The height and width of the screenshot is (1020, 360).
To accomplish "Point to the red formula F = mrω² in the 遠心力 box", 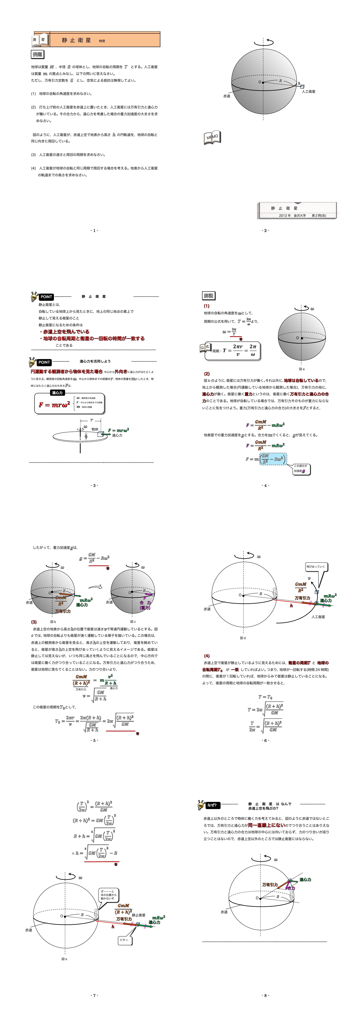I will pos(54,405).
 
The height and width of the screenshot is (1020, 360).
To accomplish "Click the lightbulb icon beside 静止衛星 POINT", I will pos(34,297).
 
